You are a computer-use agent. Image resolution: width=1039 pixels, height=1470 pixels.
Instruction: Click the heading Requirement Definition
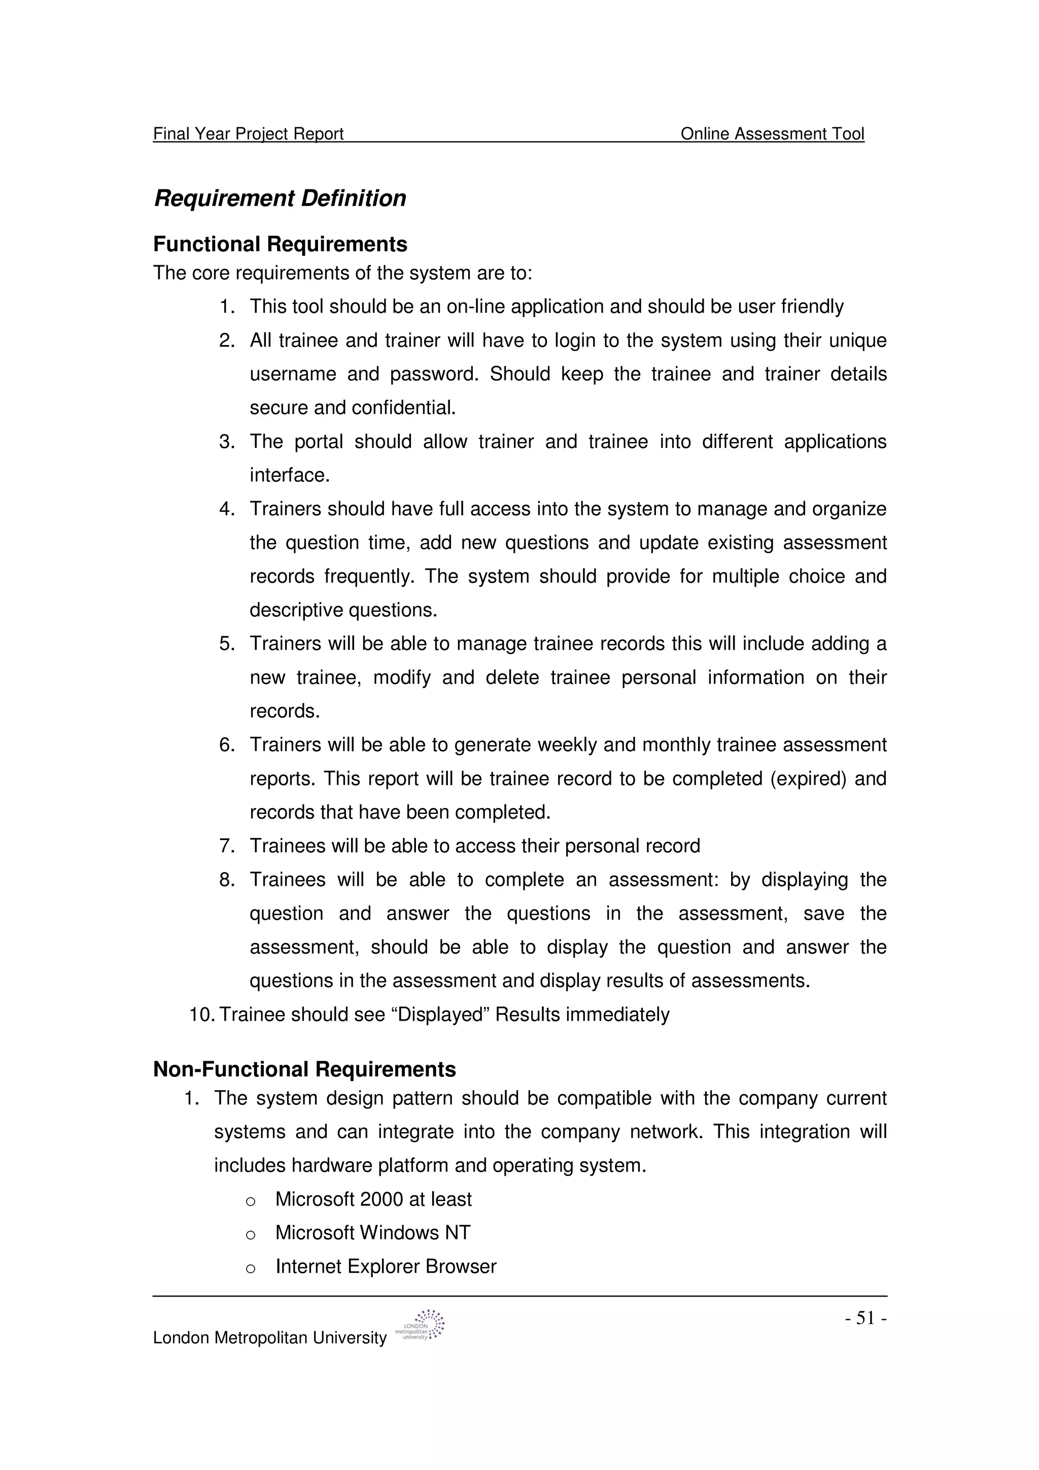tap(280, 198)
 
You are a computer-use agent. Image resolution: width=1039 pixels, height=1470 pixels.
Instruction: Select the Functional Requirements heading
tap(280, 244)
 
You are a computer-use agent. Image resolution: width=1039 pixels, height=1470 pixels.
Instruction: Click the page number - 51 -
tap(865, 1318)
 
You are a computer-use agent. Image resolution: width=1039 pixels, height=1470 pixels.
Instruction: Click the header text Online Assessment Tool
tap(772, 134)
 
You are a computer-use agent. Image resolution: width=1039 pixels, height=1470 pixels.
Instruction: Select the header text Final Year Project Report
tap(249, 134)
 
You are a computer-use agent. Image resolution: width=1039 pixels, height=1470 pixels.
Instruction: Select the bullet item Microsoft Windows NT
tap(372, 1233)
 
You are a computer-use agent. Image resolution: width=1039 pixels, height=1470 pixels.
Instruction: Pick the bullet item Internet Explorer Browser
tap(386, 1267)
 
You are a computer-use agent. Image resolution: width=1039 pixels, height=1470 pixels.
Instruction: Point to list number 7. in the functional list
tap(227, 847)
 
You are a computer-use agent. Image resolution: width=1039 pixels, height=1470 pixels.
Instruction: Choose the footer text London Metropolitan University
tap(269, 1338)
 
